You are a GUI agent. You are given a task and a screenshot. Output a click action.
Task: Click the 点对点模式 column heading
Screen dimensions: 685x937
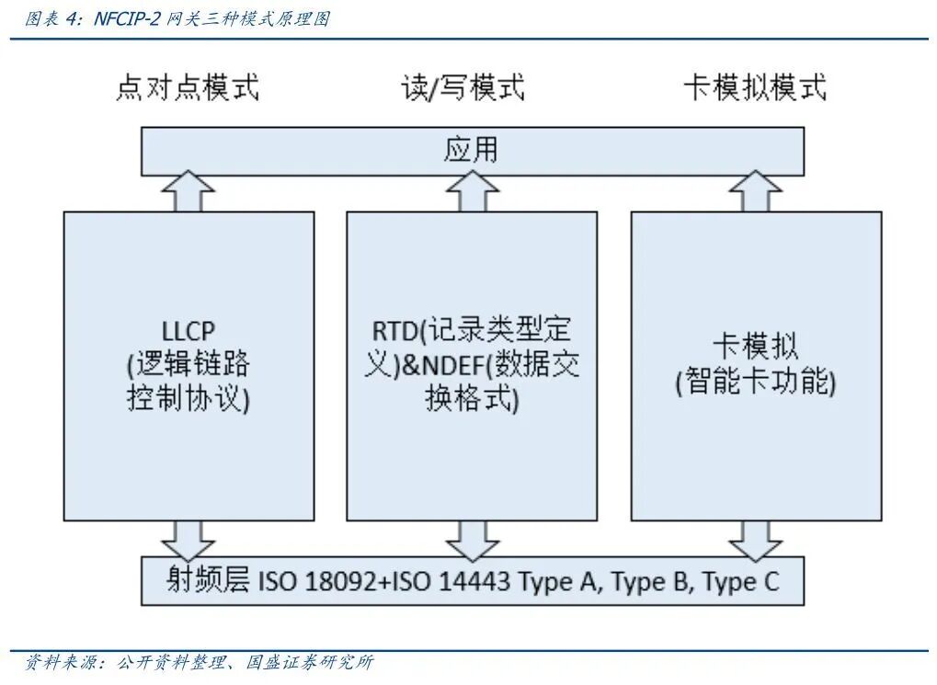pyautogui.click(x=188, y=88)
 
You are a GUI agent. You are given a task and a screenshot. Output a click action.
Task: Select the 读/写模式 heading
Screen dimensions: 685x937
pyautogui.click(x=463, y=88)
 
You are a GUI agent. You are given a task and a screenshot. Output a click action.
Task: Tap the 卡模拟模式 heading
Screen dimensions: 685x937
pyautogui.click(x=754, y=88)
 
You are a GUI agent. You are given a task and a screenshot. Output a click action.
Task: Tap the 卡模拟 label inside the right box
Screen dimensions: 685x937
pyautogui.click(x=755, y=347)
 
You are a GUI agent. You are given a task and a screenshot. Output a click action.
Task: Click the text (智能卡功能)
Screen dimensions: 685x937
pyautogui.click(x=755, y=382)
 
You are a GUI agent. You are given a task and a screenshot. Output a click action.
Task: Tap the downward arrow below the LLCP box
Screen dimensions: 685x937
pyautogui.click(x=188, y=538)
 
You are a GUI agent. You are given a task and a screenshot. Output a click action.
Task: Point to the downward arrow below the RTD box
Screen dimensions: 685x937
pyautogui.click(x=473, y=538)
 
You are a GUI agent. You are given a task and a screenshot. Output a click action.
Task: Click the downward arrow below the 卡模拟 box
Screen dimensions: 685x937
pyautogui.click(x=755, y=538)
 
